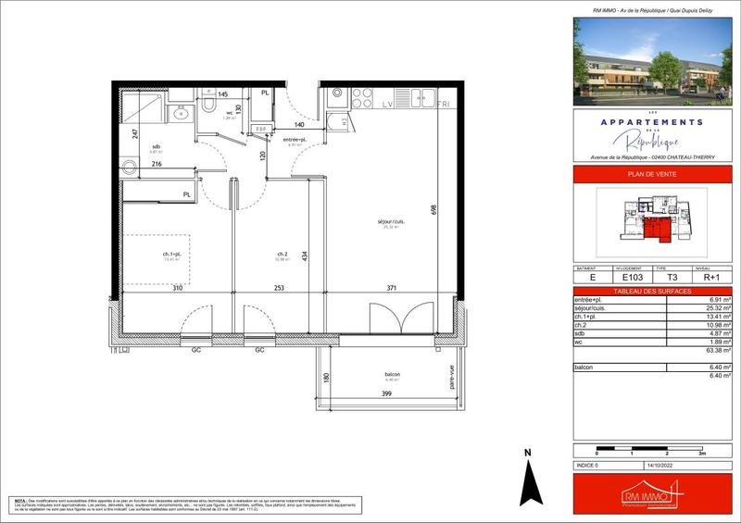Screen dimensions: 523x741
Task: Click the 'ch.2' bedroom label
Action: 282,255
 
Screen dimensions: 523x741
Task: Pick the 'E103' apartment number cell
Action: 633,276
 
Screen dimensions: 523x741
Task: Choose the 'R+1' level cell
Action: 712,276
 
